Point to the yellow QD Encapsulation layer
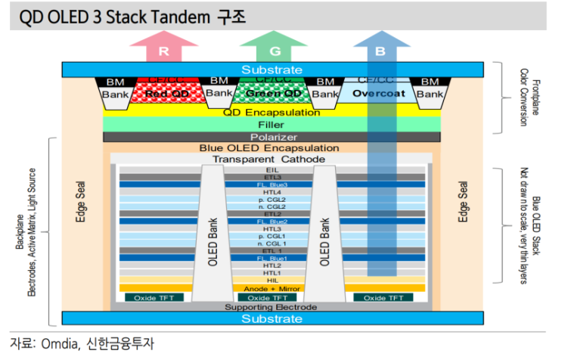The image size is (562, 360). coord(272,112)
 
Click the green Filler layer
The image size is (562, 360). coord(272,124)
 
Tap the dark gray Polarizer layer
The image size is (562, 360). coord(272,137)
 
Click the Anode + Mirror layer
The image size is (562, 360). coord(272,288)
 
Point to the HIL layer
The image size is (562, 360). coord(272,281)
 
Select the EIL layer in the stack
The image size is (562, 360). coord(272,171)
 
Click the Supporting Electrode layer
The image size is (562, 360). coord(272,306)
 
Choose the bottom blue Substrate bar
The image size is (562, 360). coord(272,319)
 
